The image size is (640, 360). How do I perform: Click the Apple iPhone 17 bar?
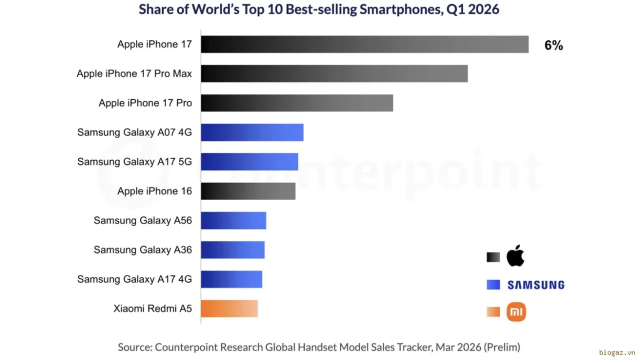[x=364, y=44]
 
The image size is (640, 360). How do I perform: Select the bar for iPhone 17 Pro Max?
[x=334, y=73]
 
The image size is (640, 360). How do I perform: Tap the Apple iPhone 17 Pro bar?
[x=297, y=103]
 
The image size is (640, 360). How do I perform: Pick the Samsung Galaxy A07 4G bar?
[x=252, y=132]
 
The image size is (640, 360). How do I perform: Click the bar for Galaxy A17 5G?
[x=249, y=161]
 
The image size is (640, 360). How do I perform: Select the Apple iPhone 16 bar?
[x=248, y=191]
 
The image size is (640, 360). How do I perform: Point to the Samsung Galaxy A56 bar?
[x=233, y=220]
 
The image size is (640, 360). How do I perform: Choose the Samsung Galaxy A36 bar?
[x=232, y=249]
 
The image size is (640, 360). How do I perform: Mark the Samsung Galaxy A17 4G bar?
[x=231, y=279]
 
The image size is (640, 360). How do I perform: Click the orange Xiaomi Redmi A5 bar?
[x=229, y=308]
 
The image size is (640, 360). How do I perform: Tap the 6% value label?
[x=553, y=45]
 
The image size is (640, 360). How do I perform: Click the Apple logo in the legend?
[x=515, y=255]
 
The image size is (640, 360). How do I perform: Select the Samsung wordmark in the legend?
[x=536, y=285]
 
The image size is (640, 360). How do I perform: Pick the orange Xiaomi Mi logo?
[x=516, y=311]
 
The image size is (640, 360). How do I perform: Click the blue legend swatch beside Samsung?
[x=493, y=284]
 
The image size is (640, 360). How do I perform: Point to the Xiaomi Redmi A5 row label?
[x=152, y=308]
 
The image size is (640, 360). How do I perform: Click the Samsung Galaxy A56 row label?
[x=143, y=220]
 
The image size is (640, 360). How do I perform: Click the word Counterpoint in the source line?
[x=186, y=347]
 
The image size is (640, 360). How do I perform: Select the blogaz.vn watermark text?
[x=617, y=352]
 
